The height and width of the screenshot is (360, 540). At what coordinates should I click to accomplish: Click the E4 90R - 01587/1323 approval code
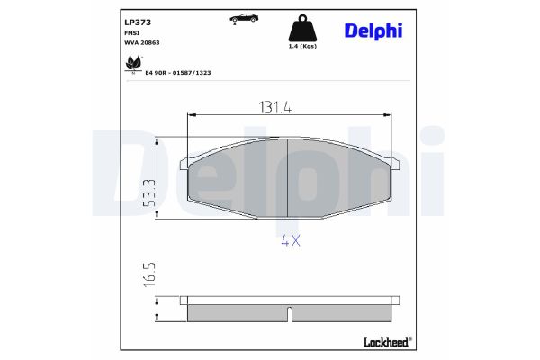coord(178,72)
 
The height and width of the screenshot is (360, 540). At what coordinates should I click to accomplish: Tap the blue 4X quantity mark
coord(289,240)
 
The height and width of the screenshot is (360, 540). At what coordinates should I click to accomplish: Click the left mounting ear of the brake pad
coord(184,163)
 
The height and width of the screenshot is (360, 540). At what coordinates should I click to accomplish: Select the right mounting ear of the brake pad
coord(394,163)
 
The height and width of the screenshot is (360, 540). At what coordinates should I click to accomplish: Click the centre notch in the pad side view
coord(289,315)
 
